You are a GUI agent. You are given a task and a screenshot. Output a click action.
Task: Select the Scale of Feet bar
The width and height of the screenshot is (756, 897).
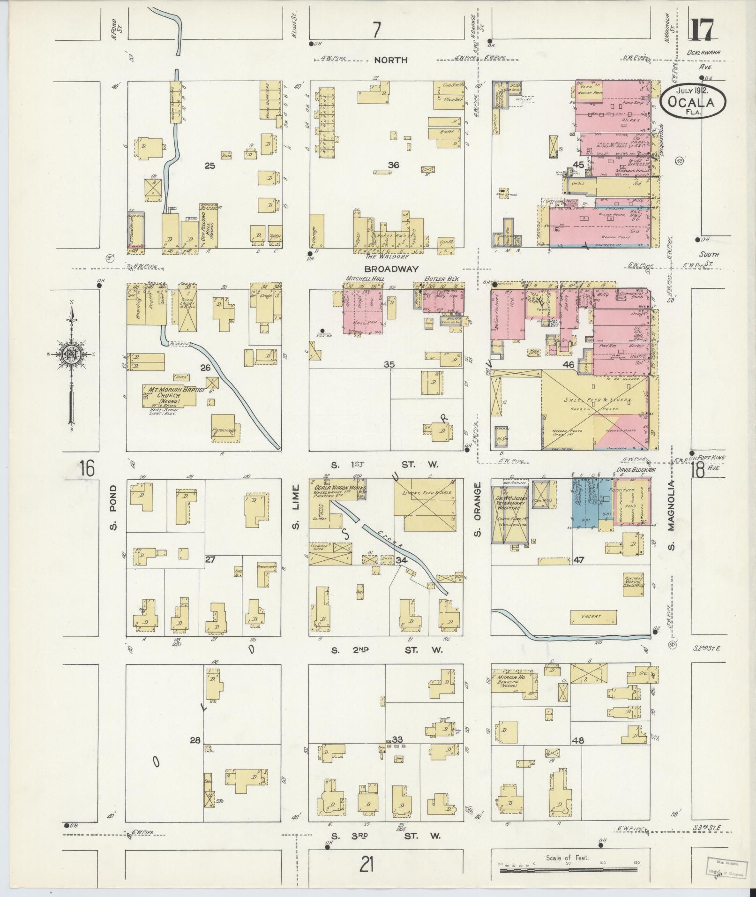point(568,870)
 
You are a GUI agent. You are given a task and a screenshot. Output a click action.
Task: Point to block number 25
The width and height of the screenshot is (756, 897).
point(209,165)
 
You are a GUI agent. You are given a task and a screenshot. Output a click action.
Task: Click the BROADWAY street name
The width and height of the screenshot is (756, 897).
point(387,269)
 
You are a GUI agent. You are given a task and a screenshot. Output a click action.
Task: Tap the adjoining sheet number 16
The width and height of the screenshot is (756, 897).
point(87,467)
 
